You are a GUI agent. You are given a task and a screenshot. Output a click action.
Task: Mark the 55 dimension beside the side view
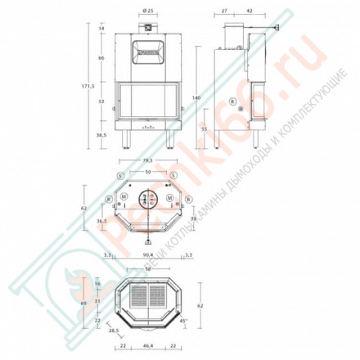click(205, 129)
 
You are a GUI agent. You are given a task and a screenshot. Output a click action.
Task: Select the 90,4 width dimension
click(148, 256)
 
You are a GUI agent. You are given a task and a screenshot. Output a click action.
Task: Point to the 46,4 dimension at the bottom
click(148, 347)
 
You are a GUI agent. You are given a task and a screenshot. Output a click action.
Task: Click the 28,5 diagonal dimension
click(114, 331)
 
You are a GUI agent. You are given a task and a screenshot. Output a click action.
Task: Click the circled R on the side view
click(232, 101)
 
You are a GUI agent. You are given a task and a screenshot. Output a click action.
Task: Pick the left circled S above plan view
click(120, 176)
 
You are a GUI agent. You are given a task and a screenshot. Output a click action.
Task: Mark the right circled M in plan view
click(169, 199)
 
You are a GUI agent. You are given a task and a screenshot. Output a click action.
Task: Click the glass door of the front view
click(148, 100)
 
